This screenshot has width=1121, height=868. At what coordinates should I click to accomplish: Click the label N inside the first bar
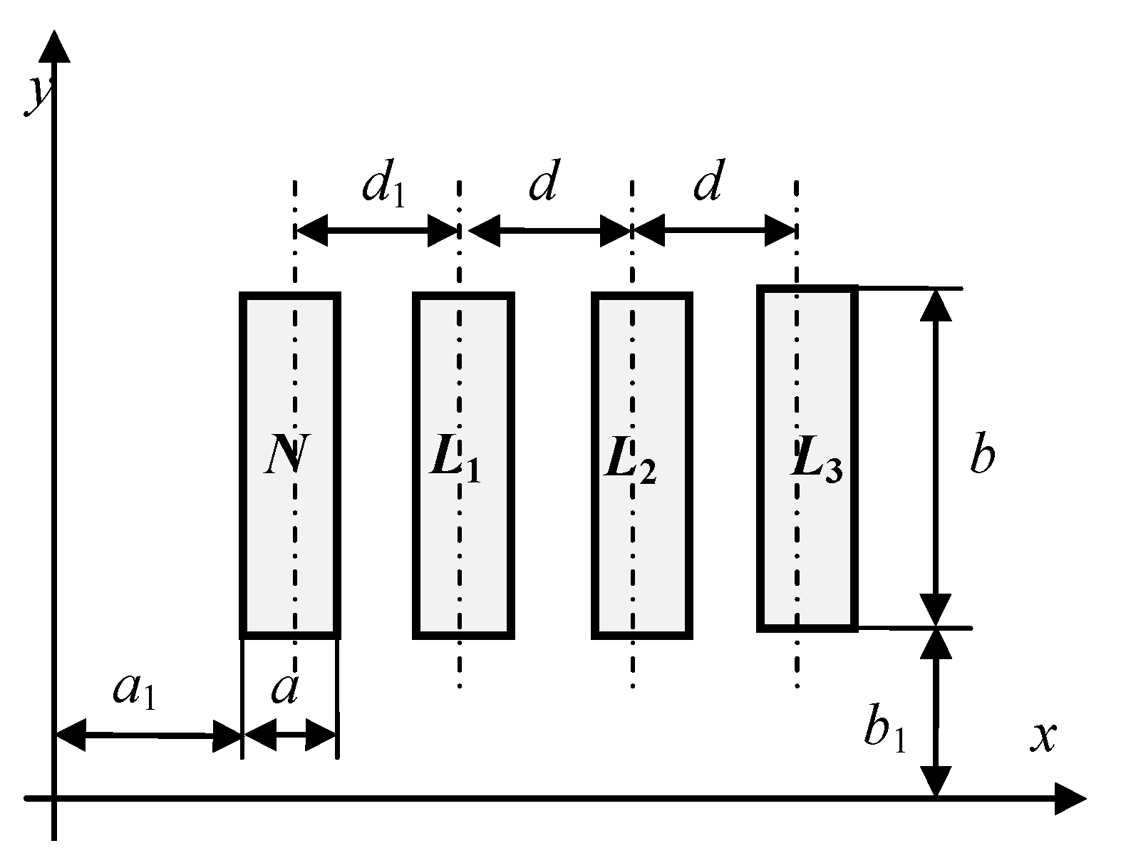(x=286, y=456)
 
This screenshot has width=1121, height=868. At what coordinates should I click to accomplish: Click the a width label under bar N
(x=284, y=689)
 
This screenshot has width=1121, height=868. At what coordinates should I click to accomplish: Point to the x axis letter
(x=1043, y=738)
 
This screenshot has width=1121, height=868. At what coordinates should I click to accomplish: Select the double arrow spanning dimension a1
(x=148, y=735)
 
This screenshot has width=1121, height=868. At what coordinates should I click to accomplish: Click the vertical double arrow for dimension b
(x=936, y=458)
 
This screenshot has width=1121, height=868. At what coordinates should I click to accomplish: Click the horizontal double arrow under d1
(x=376, y=230)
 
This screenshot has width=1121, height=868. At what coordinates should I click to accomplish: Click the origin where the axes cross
(x=54, y=798)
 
